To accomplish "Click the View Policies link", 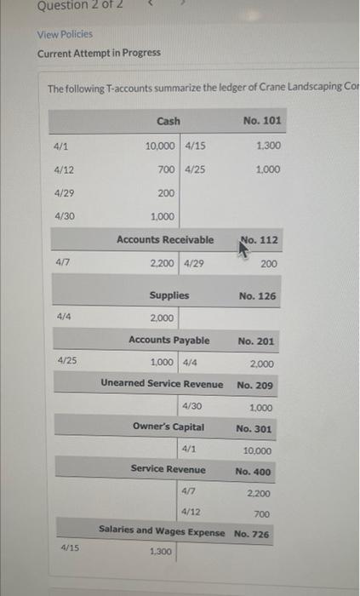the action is click(x=65, y=34).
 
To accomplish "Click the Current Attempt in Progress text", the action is click(x=99, y=53).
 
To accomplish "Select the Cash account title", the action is click(x=168, y=122).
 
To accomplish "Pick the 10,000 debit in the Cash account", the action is click(x=161, y=146).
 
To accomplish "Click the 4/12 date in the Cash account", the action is click(x=64, y=169).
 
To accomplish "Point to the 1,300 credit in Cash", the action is click(x=268, y=146).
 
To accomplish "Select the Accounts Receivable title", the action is click(x=165, y=240).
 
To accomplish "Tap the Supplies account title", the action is click(x=169, y=296).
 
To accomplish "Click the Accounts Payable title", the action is click(x=169, y=341).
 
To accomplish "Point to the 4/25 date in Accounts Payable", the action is click(x=66, y=361).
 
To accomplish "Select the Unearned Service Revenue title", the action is click(x=162, y=384).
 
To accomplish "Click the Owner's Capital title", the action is click(x=169, y=427).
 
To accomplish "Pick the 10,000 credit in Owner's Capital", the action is click(x=258, y=450).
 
